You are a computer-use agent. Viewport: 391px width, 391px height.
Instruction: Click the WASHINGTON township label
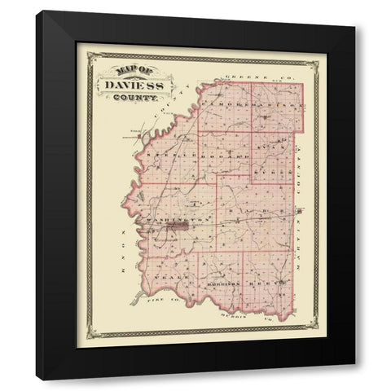[x=170, y=221]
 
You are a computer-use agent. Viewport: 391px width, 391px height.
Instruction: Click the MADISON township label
[x=281, y=107]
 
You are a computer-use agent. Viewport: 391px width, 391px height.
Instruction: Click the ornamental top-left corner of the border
[x=94, y=58]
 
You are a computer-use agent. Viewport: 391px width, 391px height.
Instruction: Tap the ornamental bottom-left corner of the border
[x=94, y=332]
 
